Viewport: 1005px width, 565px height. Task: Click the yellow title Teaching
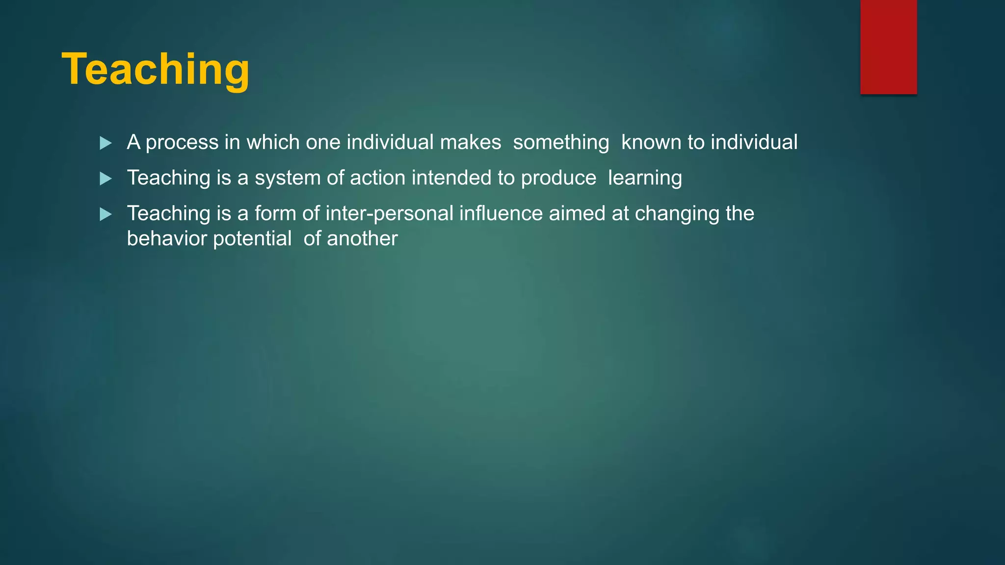pyautogui.click(x=156, y=70)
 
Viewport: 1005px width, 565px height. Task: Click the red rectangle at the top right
pyautogui.click(x=888, y=47)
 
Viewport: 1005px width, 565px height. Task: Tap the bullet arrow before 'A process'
pyautogui.click(x=106, y=143)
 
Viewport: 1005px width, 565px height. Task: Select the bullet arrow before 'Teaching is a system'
pyautogui.click(x=106, y=179)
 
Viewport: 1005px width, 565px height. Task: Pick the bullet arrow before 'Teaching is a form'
pyautogui.click(x=106, y=214)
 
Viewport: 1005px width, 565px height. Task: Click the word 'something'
pyautogui.click(x=561, y=143)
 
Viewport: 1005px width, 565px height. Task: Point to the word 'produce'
pyautogui.click(x=558, y=178)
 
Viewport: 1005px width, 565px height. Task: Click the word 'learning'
pyautogui.click(x=645, y=178)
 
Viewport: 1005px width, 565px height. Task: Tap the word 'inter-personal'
pyautogui.click(x=390, y=214)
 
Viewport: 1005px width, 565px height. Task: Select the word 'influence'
pyautogui.click(x=501, y=214)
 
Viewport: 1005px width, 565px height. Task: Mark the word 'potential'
pyautogui.click(x=252, y=239)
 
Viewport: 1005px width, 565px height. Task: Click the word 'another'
pyautogui.click(x=362, y=239)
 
